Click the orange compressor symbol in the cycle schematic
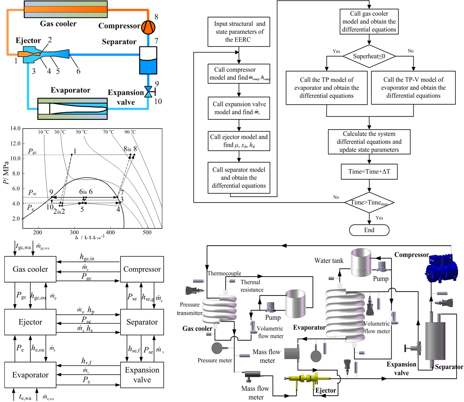[148, 27]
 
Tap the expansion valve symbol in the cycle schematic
[149, 92]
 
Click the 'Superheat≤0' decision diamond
[369, 56]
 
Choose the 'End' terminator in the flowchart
[369, 230]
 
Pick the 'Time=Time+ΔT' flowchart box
[369, 171]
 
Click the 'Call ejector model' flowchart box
[239, 141]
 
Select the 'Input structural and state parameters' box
[239, 32]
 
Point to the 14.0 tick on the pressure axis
[15, 129]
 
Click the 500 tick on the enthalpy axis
[147, 232]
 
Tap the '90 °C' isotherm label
[130, 132]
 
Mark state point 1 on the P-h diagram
[72, 155]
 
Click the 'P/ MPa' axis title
[6, 172]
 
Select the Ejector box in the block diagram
[30, 322]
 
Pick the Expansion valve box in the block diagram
[142, 375]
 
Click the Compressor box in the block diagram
[142, 269]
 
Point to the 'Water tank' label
[329, 261]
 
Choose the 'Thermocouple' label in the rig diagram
[224, 273]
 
